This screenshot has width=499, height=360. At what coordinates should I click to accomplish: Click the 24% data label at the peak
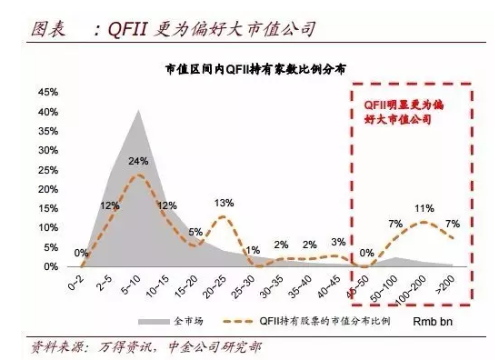[138, 162]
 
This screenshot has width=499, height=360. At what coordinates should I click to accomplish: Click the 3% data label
[338, 242]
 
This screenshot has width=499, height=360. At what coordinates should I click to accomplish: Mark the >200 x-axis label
[449, 285]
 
